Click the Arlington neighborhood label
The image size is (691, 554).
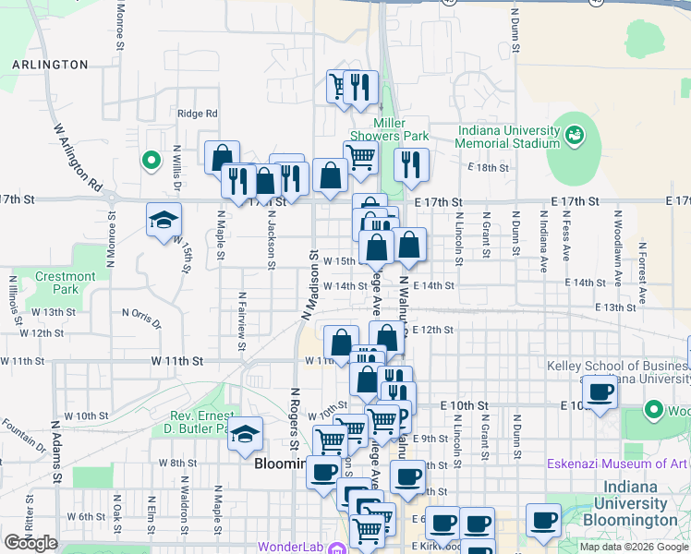51,65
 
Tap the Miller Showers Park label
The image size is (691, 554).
401,129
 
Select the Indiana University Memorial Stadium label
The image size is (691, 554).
508,137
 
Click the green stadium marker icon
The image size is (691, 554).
576,136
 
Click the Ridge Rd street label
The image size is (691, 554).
198,114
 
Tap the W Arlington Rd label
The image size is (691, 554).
77,158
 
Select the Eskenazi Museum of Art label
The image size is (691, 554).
617,464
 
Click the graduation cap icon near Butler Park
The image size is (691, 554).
246,433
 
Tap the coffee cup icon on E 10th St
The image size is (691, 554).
600,392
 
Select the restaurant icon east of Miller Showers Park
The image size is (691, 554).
410,164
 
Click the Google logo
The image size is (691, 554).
30,543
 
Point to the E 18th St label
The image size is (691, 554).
489,167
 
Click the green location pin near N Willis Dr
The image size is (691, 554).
151,161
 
